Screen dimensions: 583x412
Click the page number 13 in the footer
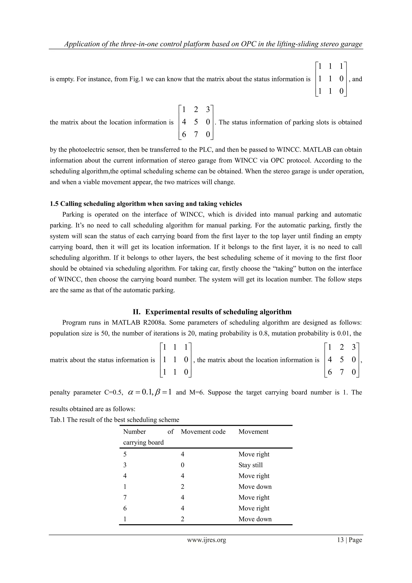point(340,540)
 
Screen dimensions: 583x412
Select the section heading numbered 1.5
point(146,204)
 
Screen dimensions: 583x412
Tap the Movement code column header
point(203,432)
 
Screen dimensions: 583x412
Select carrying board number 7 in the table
point(125,497)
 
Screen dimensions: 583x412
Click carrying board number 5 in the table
point(125,454)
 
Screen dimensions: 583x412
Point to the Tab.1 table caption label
point(57,420)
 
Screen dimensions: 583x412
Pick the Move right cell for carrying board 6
point(254,508)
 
